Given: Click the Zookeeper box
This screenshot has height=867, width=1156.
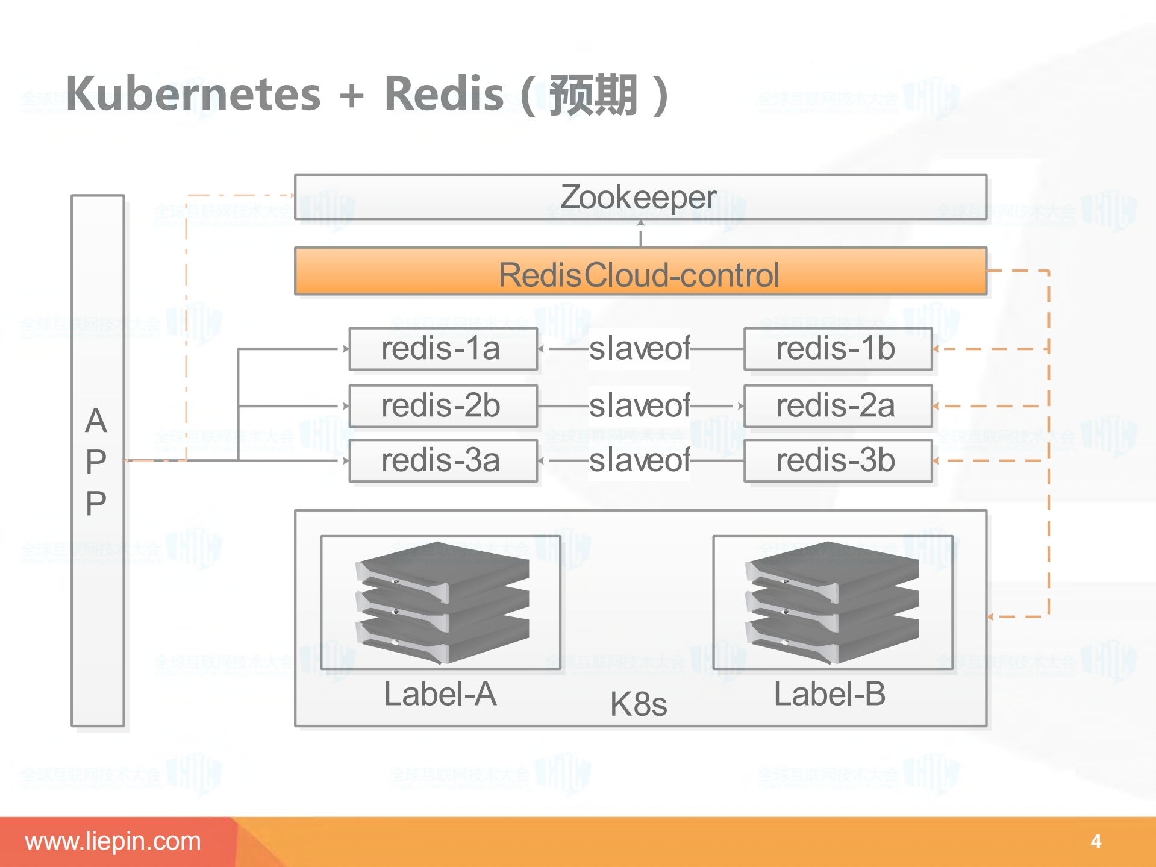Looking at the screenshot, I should [x=640, y=197].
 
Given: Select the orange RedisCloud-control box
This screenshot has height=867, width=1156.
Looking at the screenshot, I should [x=640, y=272].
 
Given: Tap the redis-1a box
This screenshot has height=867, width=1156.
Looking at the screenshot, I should [x=443, y=349].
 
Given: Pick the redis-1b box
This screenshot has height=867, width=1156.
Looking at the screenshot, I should [x=837, y=349].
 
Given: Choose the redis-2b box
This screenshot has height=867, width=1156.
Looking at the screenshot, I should [x=443, y=406].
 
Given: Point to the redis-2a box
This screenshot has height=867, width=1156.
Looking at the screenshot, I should [x=837, y=406].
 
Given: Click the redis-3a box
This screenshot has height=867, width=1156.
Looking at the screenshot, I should [x=443, y=461].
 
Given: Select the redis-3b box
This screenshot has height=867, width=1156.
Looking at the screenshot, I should [x=837, y=461].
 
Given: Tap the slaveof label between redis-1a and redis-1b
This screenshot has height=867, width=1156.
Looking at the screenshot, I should [x=639, y=349].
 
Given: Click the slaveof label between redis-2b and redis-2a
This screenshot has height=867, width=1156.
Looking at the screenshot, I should [x=639, y=405].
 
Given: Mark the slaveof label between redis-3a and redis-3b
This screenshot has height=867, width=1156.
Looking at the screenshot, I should [x=639, y=461].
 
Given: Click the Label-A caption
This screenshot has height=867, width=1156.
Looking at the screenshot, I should [x=440, y=694].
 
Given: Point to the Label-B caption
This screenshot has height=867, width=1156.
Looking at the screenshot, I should [x=830, y=694].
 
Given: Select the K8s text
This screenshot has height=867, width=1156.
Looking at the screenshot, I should [x=639, y=704].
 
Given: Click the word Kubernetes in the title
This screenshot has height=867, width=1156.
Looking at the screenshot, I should [x=193, y=95].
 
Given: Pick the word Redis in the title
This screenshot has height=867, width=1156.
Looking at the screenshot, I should [x=443, y=95].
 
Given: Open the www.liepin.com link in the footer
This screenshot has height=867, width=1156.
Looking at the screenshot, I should [x=113, y=841].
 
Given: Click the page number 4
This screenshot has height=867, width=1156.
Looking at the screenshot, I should [x=1096, y=841].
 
